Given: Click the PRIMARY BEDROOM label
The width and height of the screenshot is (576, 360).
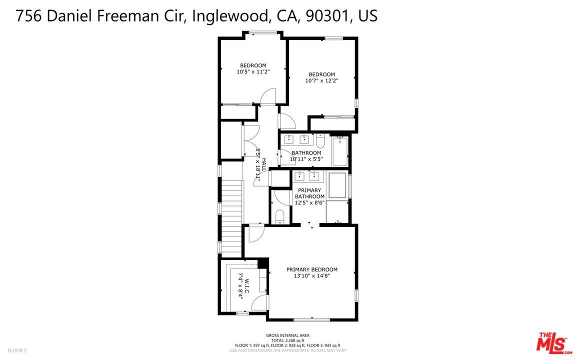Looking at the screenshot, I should pos(311,269).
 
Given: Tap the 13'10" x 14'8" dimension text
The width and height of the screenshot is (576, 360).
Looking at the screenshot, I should pos(311,275).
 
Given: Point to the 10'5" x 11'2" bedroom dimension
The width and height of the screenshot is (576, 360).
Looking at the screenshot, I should pos(253,71).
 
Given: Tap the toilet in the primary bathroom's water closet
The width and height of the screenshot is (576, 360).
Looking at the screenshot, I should pos(280,216).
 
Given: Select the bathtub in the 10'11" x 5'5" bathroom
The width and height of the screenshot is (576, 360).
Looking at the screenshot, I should pos(340,151).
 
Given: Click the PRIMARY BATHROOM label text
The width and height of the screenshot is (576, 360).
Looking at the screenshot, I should pos(309,193).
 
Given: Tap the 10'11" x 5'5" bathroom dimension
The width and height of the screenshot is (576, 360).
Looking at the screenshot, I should pos(306,159).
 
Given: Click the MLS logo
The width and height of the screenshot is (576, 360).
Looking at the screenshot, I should pos(552,343).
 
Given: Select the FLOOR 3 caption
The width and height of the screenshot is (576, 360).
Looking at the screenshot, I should pos(17,350).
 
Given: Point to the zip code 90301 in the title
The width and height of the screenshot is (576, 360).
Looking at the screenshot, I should pos(325,16).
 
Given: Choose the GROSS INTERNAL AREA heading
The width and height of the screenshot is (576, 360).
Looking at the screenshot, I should pos(287,335).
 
